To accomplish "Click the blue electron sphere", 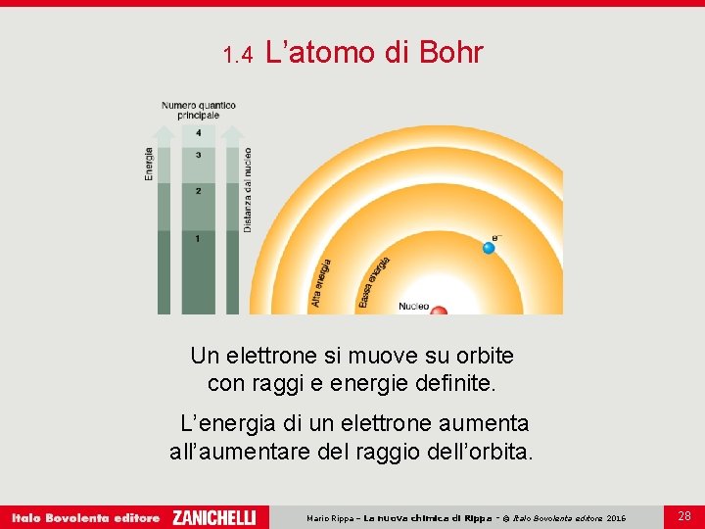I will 489,247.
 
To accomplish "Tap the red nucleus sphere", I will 440,311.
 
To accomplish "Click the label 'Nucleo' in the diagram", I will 413,307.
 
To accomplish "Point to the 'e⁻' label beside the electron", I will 496,236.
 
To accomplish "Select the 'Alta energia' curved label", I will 322,283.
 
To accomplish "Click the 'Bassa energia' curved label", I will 374,282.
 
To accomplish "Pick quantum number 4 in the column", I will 199,132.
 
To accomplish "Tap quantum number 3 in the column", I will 199,155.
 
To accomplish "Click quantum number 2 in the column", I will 199,190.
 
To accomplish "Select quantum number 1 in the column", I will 199,238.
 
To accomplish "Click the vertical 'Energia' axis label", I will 149,164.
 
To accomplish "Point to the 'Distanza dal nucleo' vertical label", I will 248,189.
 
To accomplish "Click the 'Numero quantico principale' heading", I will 199,110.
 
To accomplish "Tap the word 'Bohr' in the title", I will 450,52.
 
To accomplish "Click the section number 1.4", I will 238,55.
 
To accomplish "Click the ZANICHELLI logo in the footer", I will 213,517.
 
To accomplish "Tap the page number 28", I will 684,515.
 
